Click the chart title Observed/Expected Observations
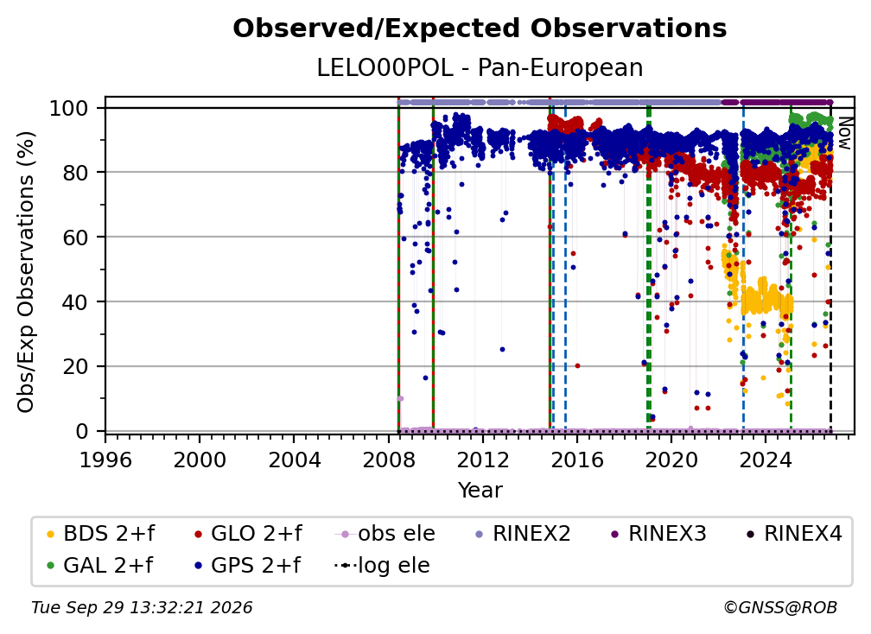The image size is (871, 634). pos(480,29)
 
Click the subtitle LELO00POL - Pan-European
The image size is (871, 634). pos(480,67)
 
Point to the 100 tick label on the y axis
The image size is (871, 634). pos(68,108)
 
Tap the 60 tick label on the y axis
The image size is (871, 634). pos(75,237)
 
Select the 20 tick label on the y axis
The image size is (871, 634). pos(75,366)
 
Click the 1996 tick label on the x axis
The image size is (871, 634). pos(105,460)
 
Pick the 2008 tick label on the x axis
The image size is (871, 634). pos(388,460)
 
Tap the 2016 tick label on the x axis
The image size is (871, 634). pos(576,460)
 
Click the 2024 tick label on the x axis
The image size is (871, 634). pos(765,460)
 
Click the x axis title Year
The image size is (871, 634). pos(480,491)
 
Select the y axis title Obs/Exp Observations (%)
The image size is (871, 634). pos(26,272)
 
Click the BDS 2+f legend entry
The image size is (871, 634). pos(100,534)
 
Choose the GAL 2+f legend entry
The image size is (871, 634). pos(99,566)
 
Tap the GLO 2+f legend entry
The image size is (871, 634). pos(248,534)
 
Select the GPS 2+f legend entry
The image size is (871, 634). pos(247,566)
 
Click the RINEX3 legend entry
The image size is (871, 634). pos(658,534)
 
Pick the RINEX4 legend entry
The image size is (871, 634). pos(794,534)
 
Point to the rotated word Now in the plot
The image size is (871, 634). pos(843,133)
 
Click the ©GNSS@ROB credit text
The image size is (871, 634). pos(780,608)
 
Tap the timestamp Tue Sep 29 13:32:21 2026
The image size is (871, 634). pos(142,608)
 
